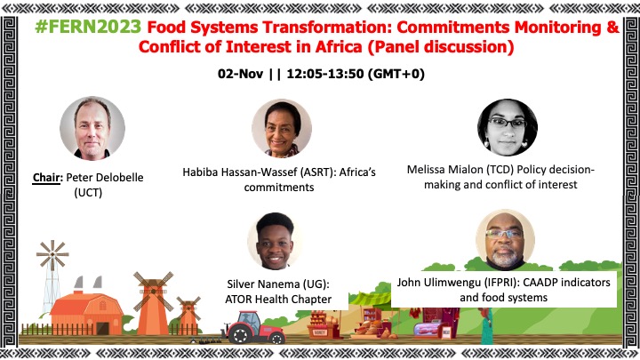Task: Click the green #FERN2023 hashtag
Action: [88, 27]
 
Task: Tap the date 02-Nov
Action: [240, 74]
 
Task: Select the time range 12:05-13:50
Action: [325, 74]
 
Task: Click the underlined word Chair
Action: [46, 178]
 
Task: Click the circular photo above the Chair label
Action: [92, 128]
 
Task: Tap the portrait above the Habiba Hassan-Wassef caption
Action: [282, 128]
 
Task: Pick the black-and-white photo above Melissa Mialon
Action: [508, 127]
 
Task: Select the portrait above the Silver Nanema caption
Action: [275, 241]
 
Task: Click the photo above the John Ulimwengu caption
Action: [505, 240]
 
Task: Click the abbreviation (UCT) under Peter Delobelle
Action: [88, 192]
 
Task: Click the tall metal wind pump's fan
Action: [52, 255]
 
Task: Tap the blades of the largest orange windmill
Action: [154, 291]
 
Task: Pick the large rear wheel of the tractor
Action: [240, 334]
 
